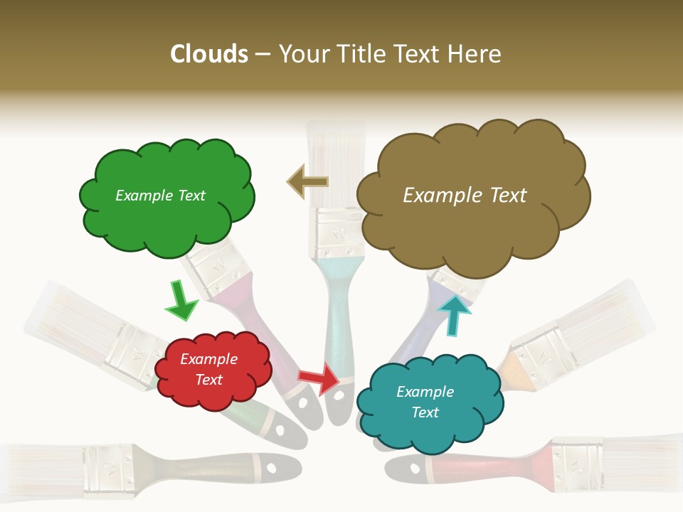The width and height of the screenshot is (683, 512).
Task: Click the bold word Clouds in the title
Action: click(209, 54)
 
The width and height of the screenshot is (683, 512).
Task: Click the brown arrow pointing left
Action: click(307, 182)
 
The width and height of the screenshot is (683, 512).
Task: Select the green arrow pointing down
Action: click(181, 302)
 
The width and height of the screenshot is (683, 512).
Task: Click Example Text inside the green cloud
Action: click(160, 196)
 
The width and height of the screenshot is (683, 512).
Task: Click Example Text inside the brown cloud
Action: click(465, 196)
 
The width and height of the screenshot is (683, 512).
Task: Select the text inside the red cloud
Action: click(208, 369)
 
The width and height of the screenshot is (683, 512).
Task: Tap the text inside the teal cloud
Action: click(425, 402)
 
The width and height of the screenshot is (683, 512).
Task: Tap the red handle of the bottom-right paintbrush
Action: click(484, 469)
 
